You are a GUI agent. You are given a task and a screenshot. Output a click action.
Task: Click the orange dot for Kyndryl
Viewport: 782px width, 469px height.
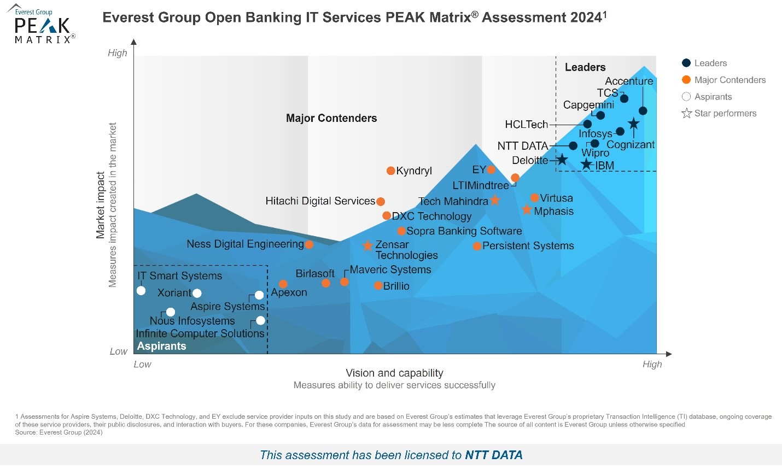coord(390,171)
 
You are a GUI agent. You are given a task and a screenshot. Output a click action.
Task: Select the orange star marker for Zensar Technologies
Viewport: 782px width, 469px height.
coord(367,246)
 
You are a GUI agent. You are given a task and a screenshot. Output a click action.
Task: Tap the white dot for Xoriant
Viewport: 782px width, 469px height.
coord(197,294)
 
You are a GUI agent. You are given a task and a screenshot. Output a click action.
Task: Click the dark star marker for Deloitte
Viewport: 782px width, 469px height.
coord(562,160)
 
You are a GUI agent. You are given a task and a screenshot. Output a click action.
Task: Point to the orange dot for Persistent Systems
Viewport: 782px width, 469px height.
coord(477,247)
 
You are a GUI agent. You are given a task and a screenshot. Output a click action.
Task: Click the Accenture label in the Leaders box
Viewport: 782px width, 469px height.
coord(629,81)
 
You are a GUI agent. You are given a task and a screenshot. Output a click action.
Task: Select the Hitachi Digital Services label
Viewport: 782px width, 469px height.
coord(320,201)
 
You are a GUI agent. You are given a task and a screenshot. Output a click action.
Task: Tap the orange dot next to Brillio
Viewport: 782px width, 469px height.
coord(378,286)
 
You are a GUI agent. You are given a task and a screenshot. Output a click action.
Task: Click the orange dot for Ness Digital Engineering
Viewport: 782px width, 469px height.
coord(309,244)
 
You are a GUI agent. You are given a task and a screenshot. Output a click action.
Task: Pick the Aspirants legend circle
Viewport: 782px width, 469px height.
coord(686,97)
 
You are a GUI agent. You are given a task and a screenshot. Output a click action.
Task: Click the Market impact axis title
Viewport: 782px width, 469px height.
coord(101,205)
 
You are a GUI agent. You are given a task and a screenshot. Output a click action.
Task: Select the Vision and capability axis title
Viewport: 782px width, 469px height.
coord(394,373)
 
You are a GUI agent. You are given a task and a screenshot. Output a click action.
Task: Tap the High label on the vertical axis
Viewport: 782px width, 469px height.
coord(117,53)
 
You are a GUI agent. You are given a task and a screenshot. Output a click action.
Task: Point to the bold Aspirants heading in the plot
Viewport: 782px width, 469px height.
coord(161,346)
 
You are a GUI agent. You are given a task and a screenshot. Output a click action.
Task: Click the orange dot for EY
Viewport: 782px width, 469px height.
coord(491,170)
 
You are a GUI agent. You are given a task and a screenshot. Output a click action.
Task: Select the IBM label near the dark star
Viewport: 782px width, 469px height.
coord(605,166)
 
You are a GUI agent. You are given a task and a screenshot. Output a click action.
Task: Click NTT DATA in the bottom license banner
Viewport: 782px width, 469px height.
coord(493,455)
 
